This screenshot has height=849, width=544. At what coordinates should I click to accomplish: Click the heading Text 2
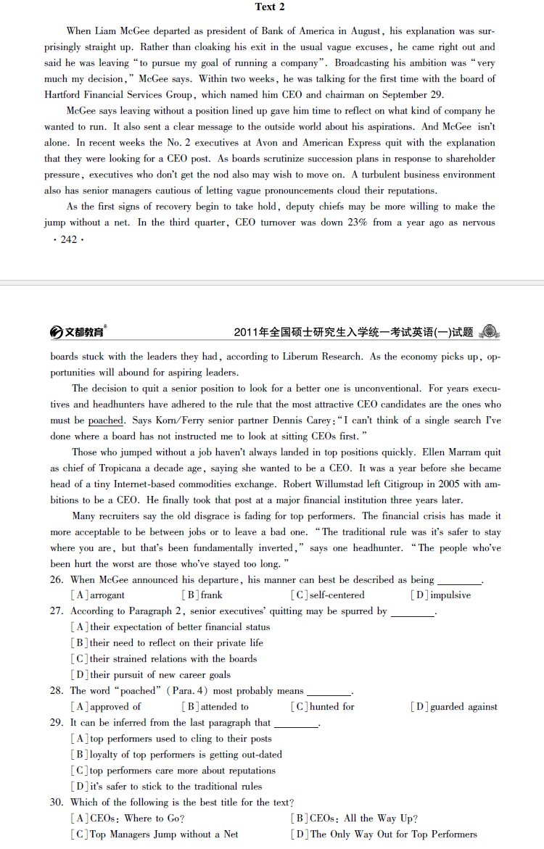270,7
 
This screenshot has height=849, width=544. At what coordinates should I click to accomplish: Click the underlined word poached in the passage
106,421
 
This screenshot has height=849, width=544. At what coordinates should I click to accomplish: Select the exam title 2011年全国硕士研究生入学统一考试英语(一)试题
353,332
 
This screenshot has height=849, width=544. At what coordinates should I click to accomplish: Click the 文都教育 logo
78,332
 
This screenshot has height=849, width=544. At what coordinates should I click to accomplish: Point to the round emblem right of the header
490,331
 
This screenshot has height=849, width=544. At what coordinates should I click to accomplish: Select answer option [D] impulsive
440,595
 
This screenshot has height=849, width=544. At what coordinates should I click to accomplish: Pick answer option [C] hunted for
323,707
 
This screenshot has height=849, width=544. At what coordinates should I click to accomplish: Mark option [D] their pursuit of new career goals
150,675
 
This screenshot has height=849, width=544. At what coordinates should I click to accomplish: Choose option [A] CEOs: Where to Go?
127,819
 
